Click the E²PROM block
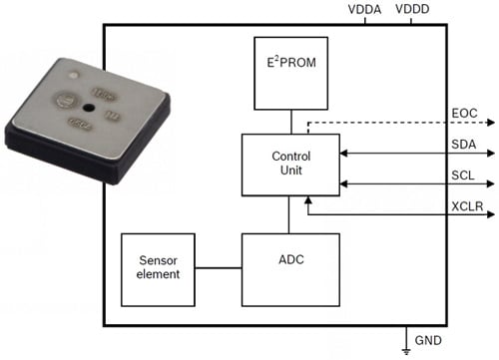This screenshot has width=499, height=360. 290,76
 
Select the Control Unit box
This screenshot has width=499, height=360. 290,165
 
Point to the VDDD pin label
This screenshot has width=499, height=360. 413,10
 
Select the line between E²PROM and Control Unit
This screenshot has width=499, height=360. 290,122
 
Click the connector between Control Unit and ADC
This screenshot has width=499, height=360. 290,214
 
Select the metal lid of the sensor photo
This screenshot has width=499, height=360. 90,115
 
